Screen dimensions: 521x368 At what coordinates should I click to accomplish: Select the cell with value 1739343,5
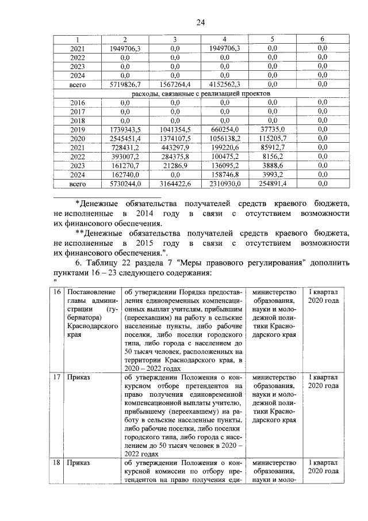(x=125, y=130)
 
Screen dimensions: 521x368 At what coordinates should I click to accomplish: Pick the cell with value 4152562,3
(x=224, y=85)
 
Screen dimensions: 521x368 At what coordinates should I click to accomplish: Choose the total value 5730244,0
(x=125, y=184)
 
